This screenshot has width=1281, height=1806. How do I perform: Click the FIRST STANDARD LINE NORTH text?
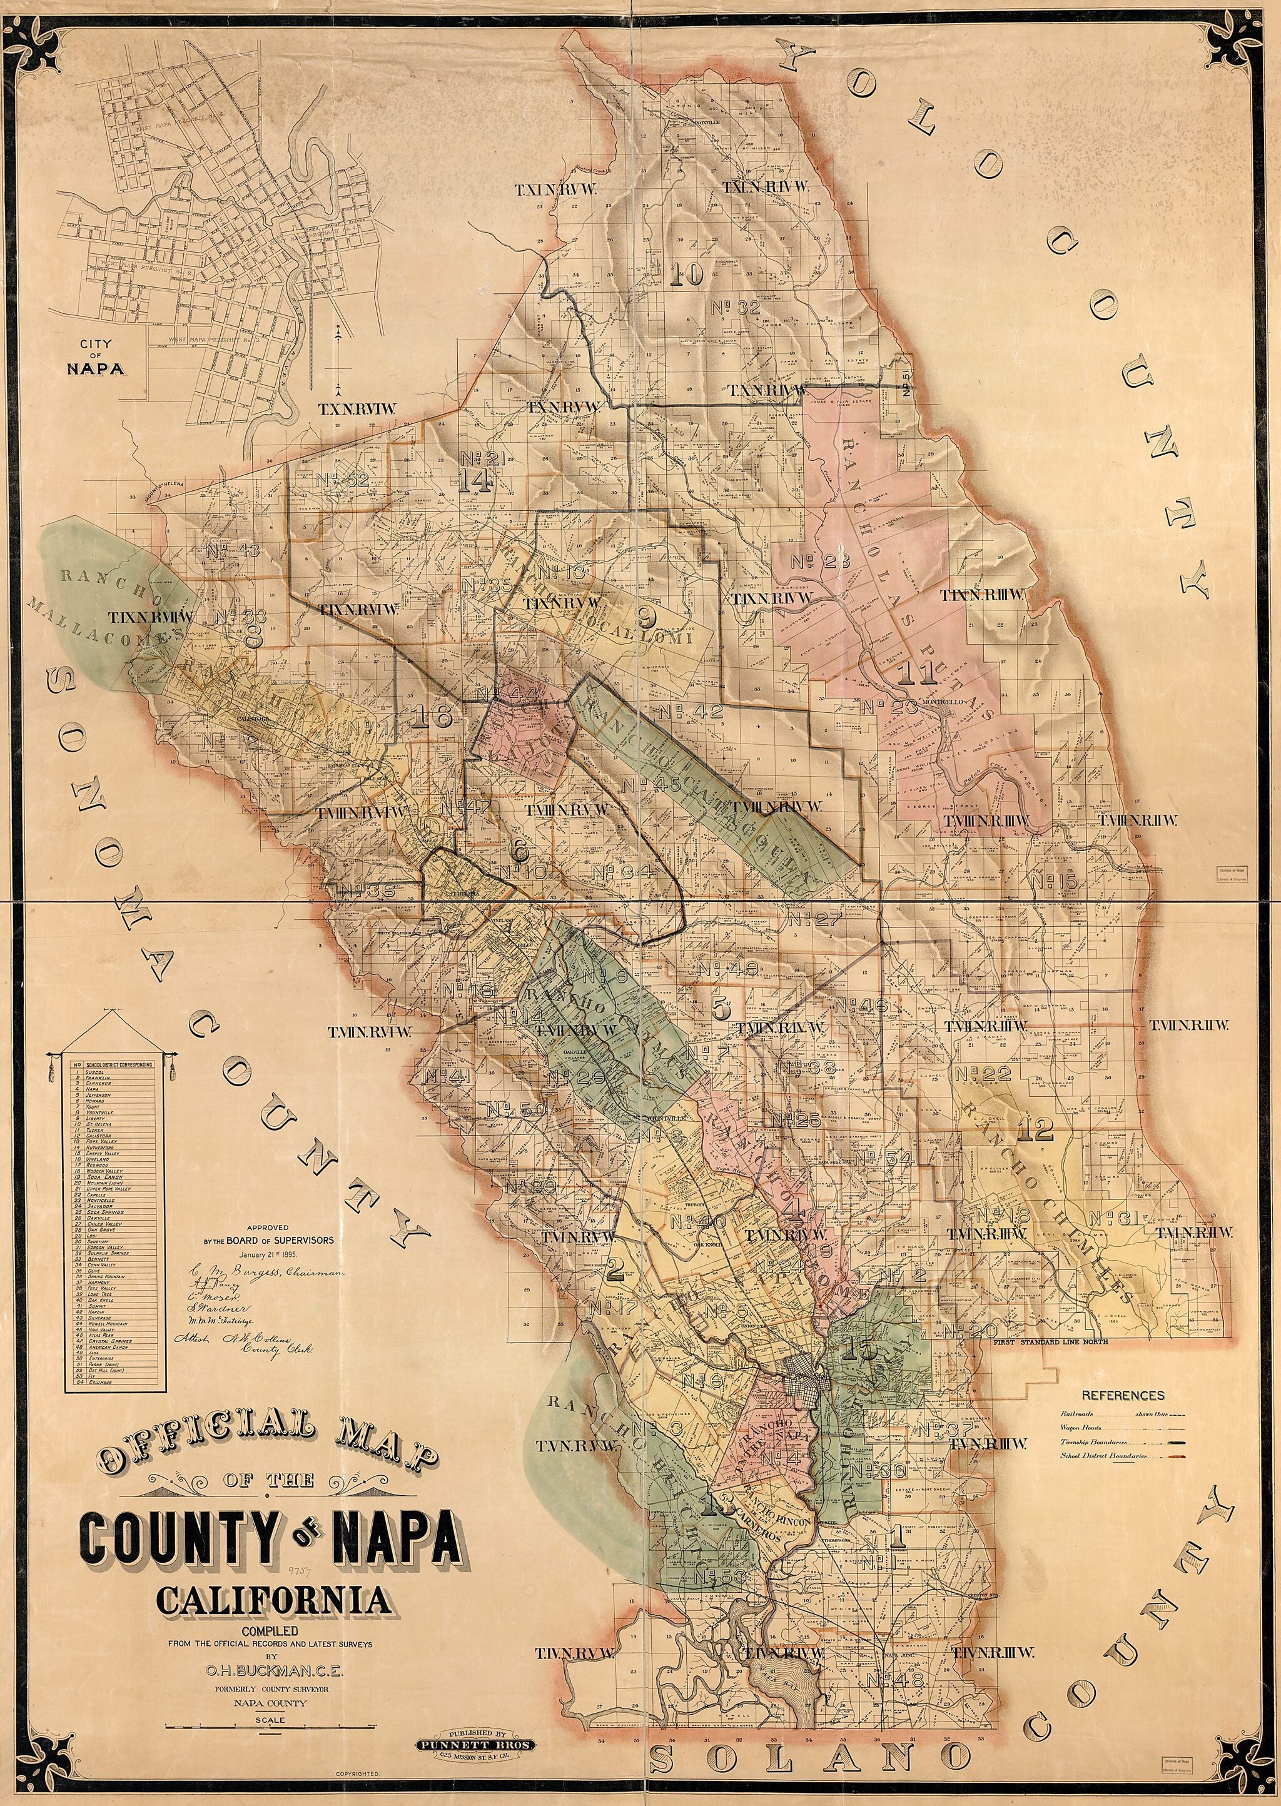[1051, 1341]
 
